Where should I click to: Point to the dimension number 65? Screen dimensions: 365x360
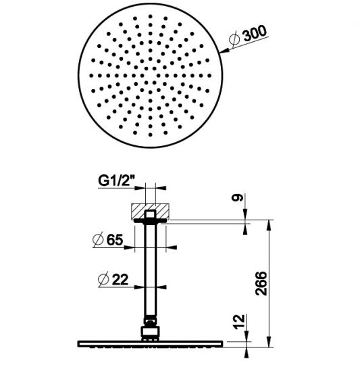tap(114, 239)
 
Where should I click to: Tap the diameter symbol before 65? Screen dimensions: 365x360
tap(97, 239)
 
